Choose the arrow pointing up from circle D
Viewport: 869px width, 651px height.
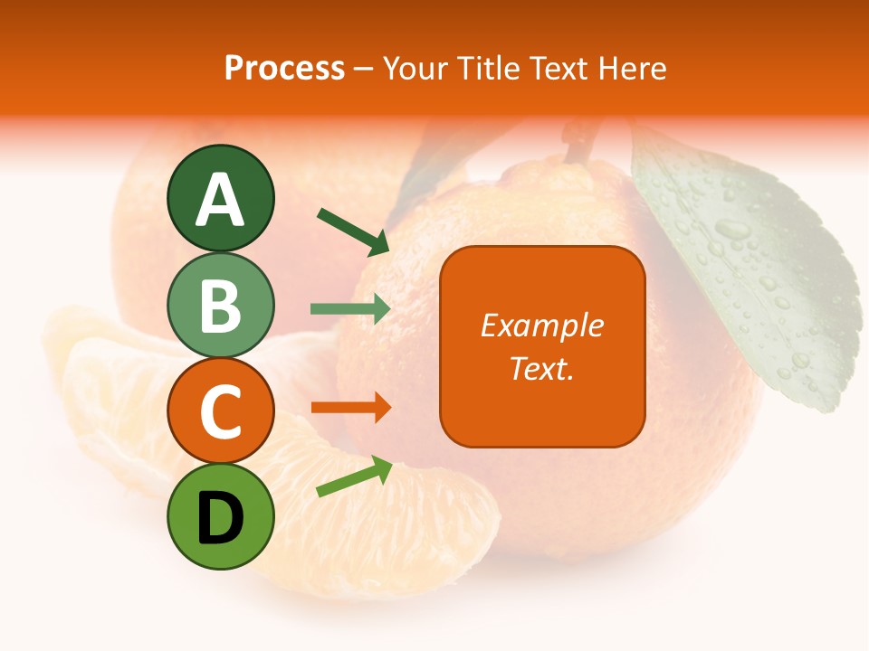coord(354,476)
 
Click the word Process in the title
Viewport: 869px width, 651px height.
coord(284,68)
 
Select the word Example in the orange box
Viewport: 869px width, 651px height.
coord(541,326)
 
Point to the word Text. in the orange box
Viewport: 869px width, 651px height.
coord(541,368)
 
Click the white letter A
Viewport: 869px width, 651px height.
coord(220,200)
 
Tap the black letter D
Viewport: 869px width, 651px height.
coord(220,518)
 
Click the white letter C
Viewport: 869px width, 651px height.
coord(220,412)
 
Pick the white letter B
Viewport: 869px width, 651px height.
coord(220,306)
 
